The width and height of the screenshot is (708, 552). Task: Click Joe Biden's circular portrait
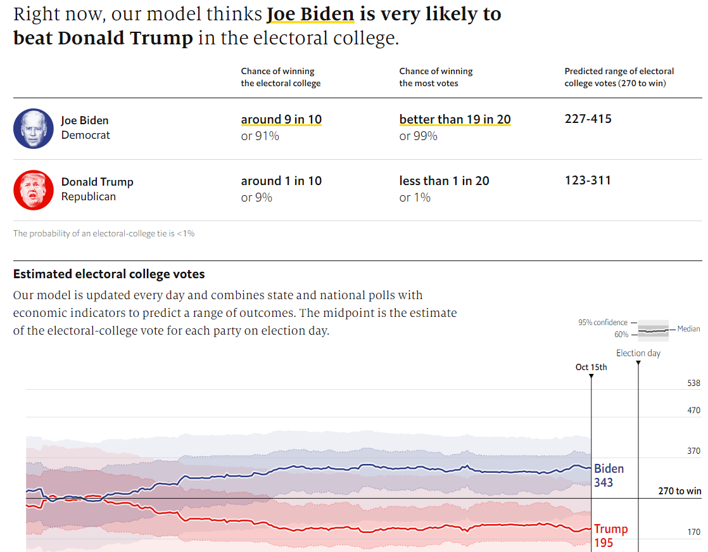(34, 129)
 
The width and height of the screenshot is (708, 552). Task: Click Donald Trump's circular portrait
(34, 190)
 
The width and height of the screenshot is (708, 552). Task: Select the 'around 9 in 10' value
(281, 120)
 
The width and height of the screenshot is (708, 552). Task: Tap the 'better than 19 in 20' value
(455, 120)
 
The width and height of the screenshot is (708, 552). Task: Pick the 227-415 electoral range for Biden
(588, 119)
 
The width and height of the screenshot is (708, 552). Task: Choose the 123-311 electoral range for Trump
(588, 181)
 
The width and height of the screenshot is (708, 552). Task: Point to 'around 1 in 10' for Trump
(281, 181)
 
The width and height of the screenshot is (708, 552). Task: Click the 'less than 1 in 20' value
(444, 181)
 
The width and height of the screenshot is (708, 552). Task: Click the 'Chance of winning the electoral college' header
(281, 77)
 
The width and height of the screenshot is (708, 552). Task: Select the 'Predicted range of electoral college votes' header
(619, 77)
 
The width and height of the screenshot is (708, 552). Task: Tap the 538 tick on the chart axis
(693, 383)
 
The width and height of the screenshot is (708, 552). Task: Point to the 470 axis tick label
(693, 411)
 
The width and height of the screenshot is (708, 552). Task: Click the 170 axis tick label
(693, 532)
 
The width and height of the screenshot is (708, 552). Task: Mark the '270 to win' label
(680, 491)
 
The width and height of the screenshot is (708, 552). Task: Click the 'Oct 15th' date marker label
(591, 367)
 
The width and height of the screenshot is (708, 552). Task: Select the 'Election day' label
(638, 353)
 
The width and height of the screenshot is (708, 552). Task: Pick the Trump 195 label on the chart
(610, 536)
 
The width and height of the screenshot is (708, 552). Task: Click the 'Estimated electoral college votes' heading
(109, 274)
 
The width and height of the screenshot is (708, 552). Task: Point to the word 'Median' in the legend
(688, 329)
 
